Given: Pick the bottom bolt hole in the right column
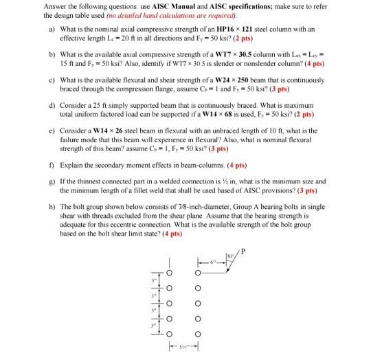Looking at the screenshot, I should click(x=198, y=335).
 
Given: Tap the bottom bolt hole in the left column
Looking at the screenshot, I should click(x=166, y=335).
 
